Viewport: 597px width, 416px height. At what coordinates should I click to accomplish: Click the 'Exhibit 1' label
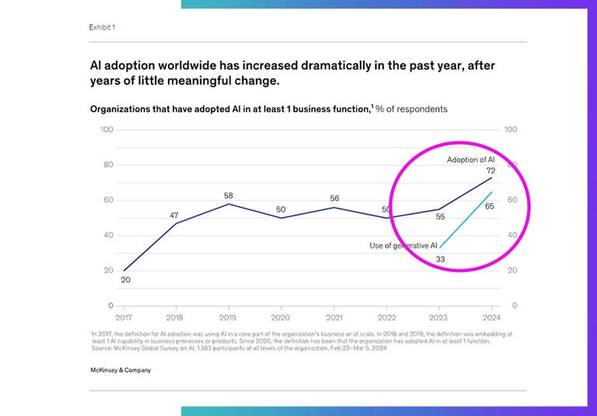[x=103, y=27]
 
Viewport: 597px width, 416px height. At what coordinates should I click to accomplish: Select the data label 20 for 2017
[x=125, y=280]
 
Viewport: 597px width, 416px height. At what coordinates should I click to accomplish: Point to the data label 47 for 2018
[x=175, y=215]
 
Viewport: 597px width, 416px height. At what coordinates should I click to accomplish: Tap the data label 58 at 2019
[x=229, y=195]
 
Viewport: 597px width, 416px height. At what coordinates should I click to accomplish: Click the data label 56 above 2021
[x=334, y=198]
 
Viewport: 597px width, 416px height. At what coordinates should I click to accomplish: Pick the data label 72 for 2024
[x=491, y=170]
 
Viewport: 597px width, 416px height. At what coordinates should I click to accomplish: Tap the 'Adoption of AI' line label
[x=470, y=160]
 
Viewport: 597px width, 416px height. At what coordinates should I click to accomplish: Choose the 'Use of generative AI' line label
[x=403, y=246]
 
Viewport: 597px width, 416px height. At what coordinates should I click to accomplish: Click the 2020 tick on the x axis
[x=281, y=318]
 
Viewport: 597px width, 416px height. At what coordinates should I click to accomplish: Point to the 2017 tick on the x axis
[x=124, y=318]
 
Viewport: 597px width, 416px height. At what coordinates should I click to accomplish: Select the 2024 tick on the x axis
[x=491, y=318]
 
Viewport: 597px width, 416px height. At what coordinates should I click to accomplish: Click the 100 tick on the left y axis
[x=107, y=129]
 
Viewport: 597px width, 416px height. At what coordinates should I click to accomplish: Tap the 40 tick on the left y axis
[x=110, y=235]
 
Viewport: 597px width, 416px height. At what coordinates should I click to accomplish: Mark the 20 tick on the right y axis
[x=511, y=271]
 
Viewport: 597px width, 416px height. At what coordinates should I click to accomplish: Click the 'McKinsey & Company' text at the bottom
[x=120, y=370]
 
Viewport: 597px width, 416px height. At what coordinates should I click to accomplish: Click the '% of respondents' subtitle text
[x=411, y=109]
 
